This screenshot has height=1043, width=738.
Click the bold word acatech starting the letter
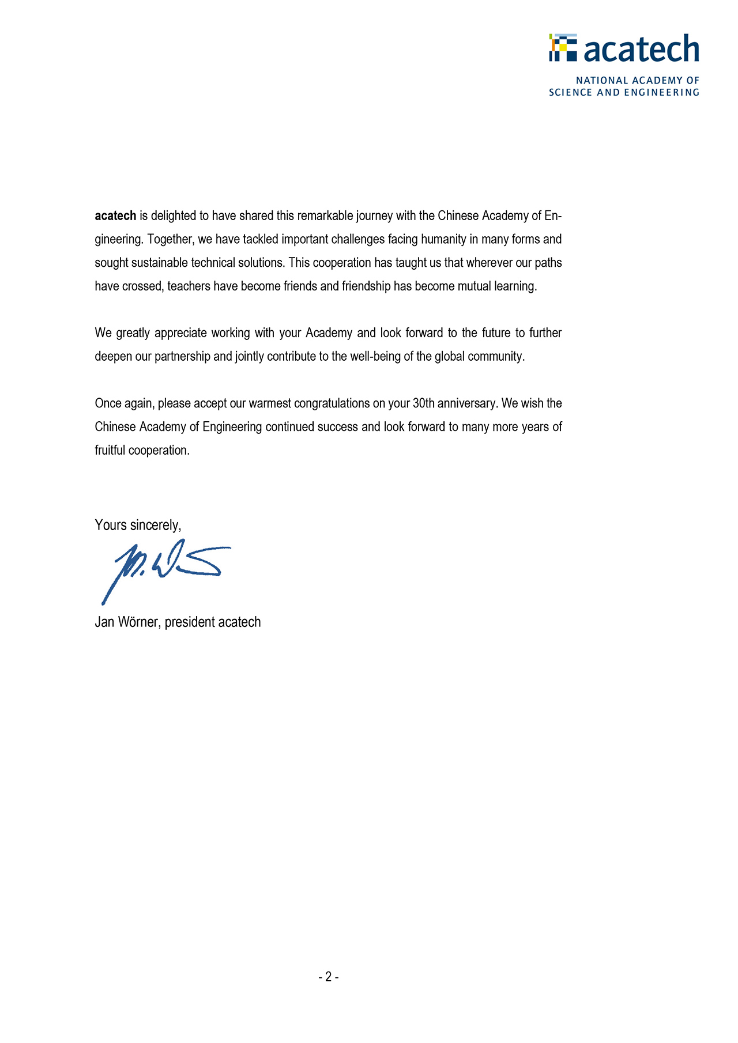pos(115,216)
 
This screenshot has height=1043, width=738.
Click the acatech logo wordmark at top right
pos(641,48)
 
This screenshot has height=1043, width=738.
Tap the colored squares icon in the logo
pos(563,47)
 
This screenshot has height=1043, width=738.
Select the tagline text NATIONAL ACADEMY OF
pos(637,81)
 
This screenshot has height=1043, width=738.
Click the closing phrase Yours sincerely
pos(138,525)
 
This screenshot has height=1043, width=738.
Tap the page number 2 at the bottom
pos(328,977)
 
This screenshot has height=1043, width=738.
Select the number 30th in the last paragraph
pos(424,403)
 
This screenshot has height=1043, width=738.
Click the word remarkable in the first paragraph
pos(325,216)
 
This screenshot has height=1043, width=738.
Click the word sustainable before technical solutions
pos(160,263)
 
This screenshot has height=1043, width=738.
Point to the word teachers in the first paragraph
pos(189,286)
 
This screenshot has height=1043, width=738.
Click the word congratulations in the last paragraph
pos(332,403)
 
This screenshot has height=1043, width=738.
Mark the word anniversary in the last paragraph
pos(467,403)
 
